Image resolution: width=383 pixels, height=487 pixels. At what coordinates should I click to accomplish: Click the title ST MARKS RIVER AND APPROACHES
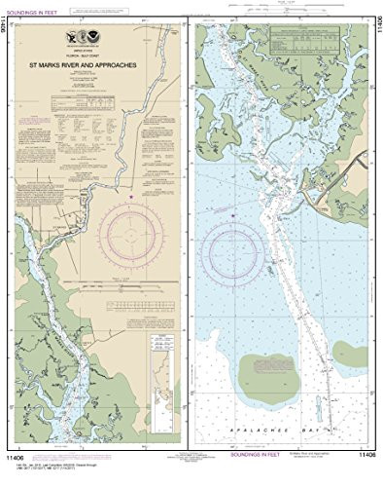(x=93, y=67)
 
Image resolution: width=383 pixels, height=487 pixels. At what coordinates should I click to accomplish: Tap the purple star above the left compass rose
(x=132, y=197)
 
